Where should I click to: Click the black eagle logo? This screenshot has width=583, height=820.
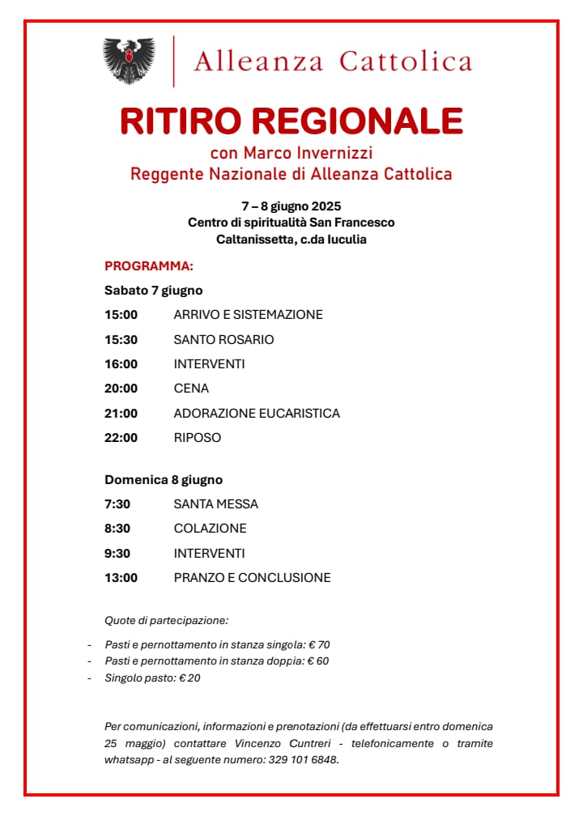click(x=129, y=61)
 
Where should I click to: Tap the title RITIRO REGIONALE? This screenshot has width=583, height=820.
click(x=291, y=121)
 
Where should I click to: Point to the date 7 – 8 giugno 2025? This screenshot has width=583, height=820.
click(x=291, y=206)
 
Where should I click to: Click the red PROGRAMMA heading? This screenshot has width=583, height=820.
click(x=149, y=266)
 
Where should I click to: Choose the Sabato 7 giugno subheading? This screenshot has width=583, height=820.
click(x=153, y=290)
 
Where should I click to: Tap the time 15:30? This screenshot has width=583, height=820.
click(x=121, y=339)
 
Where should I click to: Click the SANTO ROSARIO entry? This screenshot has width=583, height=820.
click(x=223, y=339)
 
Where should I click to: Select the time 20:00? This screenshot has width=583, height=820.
click(x=121, y=389)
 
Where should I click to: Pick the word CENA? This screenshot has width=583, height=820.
click(x=191, y=389)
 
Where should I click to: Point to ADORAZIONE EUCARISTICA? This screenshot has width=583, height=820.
click(x=257, y=414)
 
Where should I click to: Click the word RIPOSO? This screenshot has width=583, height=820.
click(x=197, y=438)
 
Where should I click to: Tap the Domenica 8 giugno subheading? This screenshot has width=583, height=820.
click(x=163, y=479)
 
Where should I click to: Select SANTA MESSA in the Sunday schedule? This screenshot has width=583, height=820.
click(x=215, y=504)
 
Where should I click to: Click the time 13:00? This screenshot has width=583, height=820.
click(x=121, y=578)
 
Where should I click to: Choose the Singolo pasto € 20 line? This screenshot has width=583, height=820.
click(x=152, y=678)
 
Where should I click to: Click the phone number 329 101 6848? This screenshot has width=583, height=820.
click(x=302, y=760)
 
